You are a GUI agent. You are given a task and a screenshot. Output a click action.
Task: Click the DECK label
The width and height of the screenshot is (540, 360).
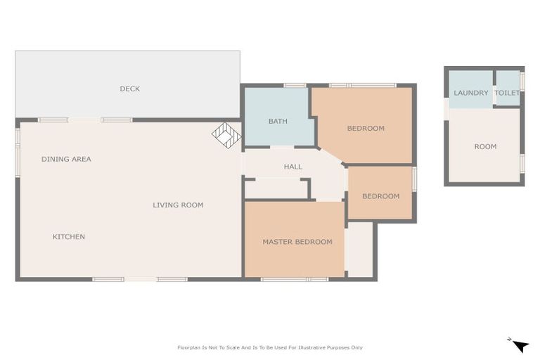click(129, 89)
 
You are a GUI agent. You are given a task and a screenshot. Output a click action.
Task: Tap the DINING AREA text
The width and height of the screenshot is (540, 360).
click(66, 159)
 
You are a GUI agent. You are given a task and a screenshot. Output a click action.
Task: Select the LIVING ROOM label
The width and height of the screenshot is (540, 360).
click(178, 205)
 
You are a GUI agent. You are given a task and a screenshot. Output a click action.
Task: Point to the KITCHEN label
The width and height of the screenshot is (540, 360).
click(69, 237)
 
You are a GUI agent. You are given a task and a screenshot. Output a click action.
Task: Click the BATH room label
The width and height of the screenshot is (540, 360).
click(278, 121)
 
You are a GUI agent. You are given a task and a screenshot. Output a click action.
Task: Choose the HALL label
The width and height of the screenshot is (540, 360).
click(292, 167)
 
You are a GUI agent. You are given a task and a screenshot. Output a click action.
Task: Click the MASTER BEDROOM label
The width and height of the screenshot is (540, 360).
click(297, 242)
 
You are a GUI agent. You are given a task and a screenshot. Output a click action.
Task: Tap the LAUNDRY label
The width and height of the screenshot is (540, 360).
click(470, 93)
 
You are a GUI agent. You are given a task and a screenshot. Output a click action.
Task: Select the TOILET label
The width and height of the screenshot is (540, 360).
click(507, 93)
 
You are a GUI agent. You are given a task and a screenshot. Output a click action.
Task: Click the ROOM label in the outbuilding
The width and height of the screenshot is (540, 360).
click(485, 146)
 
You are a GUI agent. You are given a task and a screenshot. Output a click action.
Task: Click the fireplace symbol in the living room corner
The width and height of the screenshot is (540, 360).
click(226, 135)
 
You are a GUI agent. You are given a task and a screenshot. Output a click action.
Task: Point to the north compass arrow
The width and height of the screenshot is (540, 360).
click(520, 345)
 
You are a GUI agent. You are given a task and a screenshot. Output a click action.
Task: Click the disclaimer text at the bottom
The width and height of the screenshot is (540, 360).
click(270, 347)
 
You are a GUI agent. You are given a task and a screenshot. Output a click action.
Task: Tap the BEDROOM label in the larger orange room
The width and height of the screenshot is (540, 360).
click(366, 128)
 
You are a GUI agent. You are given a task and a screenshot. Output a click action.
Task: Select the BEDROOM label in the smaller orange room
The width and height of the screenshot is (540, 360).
click(380, 196)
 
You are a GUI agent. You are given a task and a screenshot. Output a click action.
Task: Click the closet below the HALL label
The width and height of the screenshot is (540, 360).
click(276, 188)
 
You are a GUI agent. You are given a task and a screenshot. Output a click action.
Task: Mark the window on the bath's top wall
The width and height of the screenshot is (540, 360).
click(295, 85)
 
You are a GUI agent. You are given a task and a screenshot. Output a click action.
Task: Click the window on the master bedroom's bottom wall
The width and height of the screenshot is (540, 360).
click(295, 279)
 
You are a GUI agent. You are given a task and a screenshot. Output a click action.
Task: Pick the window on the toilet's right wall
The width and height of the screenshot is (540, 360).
click(522, 82)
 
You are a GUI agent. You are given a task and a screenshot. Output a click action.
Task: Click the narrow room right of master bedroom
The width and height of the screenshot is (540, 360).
click(359, 249)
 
